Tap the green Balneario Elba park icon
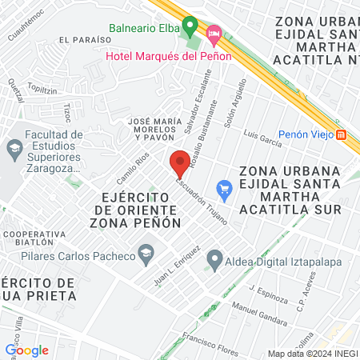point(189,25)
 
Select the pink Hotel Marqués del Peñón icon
point(214,34)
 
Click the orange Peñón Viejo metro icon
point(342,134)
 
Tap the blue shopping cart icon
point(225,189)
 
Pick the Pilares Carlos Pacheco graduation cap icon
point(146,257)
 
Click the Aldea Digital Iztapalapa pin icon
point(214,258)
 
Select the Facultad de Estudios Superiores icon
point(14,149)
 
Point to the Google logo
point(26,350)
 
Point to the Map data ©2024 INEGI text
point(312,354)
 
